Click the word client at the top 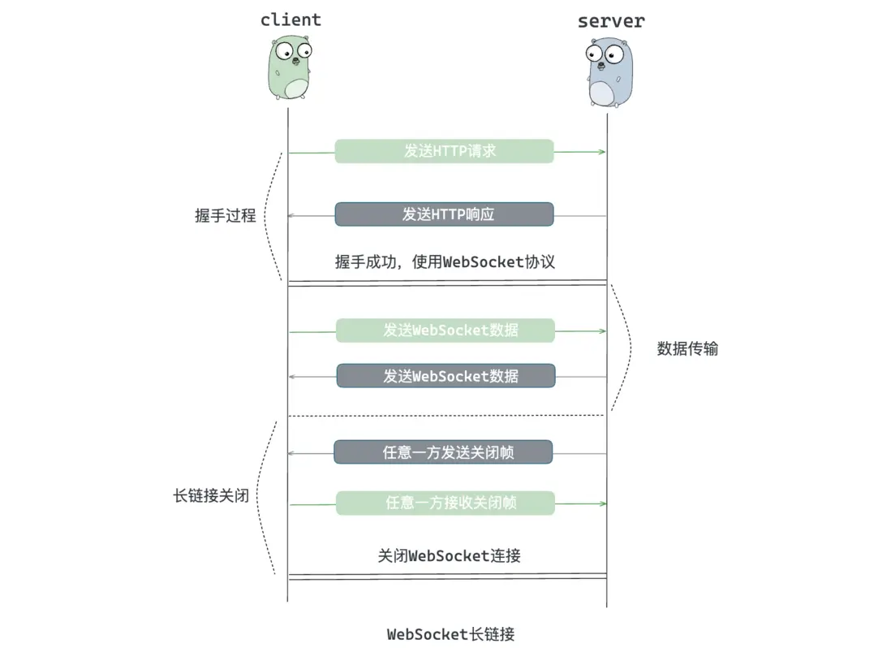coord(291,19)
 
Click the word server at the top coord(610,21)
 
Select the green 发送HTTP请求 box coord(444,151)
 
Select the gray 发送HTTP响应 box coord(444,214)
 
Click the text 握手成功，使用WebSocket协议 coord(445,261)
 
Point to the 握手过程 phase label coord(226,216)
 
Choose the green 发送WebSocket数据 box coord(445,330)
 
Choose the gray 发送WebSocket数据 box coord(445,376)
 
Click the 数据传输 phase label coord(687,349)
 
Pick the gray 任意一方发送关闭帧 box coord(443,452)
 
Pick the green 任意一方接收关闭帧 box coord(445,503)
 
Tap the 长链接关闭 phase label coord(211,495)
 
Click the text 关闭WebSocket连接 coord(449,556)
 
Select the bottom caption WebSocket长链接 coord(450,634)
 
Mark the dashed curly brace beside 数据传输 coord(628,348)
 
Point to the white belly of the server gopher coord(602,93)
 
